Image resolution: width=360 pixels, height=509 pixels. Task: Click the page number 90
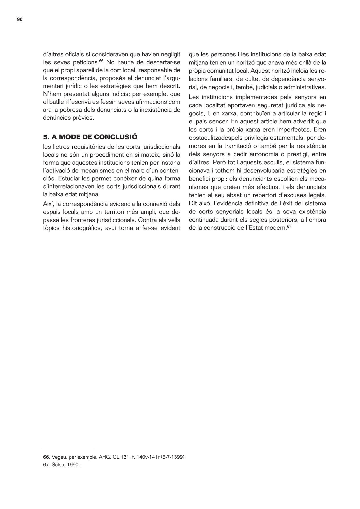pyautogui.click(x=20, y=20)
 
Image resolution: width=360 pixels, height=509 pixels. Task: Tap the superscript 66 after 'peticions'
pyautogui.click(x=101, y=61)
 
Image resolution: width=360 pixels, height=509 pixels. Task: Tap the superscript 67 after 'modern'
pyautogui.click(x=289, y=227)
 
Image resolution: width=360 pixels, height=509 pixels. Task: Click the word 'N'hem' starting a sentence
pyautogui.click(x=50, y=93)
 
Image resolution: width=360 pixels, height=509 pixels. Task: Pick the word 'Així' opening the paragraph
pyautogui.click(x=48, y=204)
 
